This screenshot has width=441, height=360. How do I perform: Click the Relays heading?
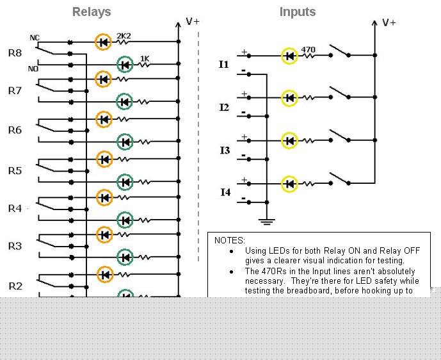pyautogui.click(x=92, y=12)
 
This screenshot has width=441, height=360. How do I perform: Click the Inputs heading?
pyautogui.click(x=298, y=12)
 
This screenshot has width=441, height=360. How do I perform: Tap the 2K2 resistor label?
pyautogui.click(x=124, y=36)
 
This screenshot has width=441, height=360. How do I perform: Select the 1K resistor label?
pyautogui.click(x=145, y=58)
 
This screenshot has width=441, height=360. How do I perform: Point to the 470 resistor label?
pyautogui.click(x=309, y=49)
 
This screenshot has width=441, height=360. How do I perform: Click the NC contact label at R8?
pyautogui.click(x=35, y=38)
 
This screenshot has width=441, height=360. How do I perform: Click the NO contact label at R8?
pyautogui.click(x=33, y=69)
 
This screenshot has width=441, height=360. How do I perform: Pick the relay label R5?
pyautogui.click(x=15, y=171)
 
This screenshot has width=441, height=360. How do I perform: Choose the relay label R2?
pyautogui.click(x=15, y=286)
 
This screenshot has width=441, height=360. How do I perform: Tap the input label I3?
pyautogui.click(x=225, y=151)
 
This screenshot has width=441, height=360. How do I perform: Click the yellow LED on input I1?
pyautogui.click(x=289, y=56)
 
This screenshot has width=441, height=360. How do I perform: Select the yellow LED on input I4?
pyautogui.click(x=289, y=184)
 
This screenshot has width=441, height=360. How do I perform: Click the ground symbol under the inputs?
pyautogui.click(x=267, y=222)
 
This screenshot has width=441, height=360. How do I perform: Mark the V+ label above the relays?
pyautogui.click(x=193, y=21)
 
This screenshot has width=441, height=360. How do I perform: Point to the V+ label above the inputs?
pyautogui.click(x=389, y=22)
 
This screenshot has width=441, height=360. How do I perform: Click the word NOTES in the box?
pyautogui.click(x=230, y=240)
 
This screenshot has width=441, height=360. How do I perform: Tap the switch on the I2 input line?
pyautogui.click(x=340, y=93)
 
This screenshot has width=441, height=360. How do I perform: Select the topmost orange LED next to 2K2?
pyautogui.click(x=103, y=42)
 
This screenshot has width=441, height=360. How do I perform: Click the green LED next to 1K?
pyautogui.click(x=125, y=65)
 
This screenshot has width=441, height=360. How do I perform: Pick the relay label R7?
pyautogui.click(x=15, y=90)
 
